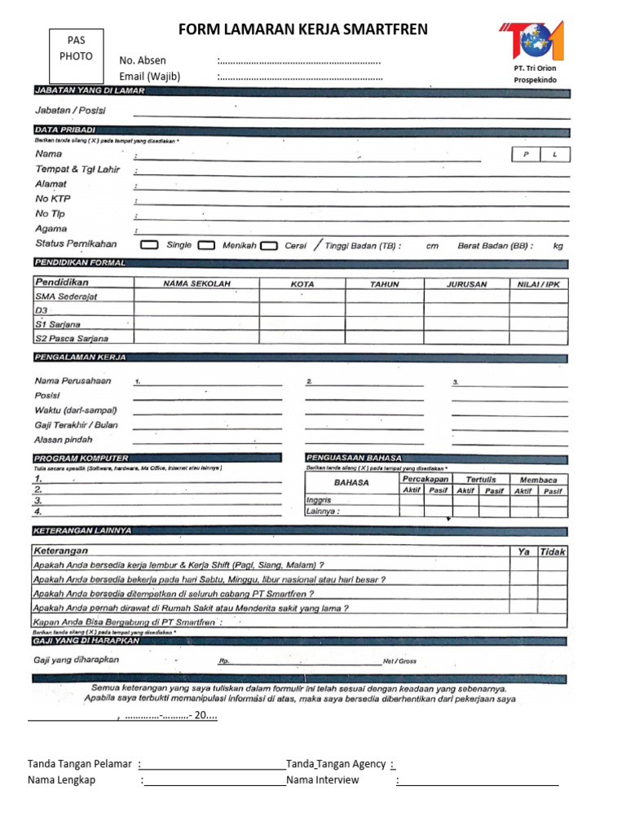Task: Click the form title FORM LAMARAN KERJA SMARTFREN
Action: [x=302, y=30]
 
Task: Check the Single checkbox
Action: [x=149, y=244]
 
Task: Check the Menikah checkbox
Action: [x=207, y=244]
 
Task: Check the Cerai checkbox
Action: [x=269, y=244]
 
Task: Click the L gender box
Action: [x=555, y=154]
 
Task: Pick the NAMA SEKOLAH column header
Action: [x=196, y=284]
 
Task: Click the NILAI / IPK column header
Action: [x=539, y=284]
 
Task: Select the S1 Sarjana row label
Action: [x=58, y=324]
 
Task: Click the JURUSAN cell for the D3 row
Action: [x=466, y=310]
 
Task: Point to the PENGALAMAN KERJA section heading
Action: [x=79, y=358]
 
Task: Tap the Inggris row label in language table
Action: [x=319, y=499]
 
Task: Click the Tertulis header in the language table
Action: [x=480, y=480]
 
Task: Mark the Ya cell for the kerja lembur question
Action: [x=524, y=565]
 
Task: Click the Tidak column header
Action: [x=553, y=551]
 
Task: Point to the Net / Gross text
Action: [x=399, y=661]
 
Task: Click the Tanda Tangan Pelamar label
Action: [x=80, y=764]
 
